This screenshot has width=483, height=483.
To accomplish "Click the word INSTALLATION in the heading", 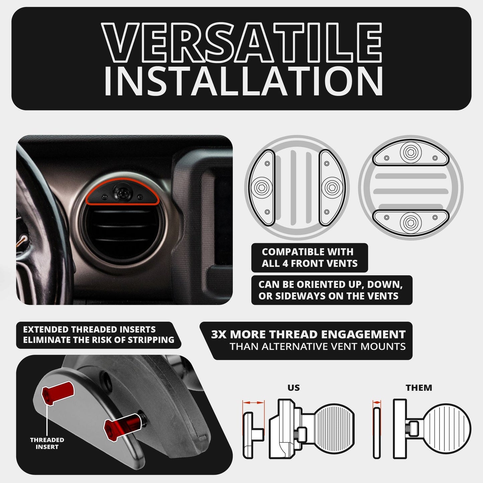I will click(x=243, y=81).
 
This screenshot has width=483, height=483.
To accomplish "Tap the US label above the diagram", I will click(x=293, y=388).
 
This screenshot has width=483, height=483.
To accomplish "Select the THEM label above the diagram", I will click(x=419, y=388).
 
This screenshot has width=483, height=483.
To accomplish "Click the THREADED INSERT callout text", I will click(x=47, y=443).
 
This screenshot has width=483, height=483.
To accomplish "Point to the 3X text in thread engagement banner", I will click(x=219, y=335).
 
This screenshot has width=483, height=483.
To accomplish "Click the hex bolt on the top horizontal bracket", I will click(x=410, y=152).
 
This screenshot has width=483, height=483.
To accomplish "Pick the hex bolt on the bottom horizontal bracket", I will click(x=410, y=222).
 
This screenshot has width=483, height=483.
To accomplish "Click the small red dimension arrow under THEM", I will click(x=377, y=403).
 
